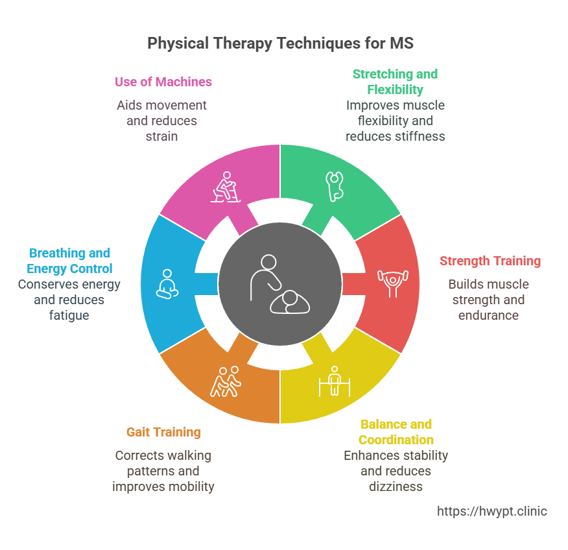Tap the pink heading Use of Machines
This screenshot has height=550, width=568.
point(163,82)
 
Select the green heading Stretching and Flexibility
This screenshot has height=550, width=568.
point(395,82)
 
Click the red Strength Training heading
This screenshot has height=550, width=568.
point(490,261)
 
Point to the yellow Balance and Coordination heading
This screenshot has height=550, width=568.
point(396,432)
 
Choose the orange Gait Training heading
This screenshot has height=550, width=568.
point(163,432)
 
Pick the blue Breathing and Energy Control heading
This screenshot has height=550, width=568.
point(69,261)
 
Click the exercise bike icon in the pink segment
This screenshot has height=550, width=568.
point(227,187)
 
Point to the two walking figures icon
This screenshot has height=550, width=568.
point(226,381)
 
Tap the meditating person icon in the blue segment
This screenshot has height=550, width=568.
point(167,283)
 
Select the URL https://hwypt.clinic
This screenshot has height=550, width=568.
point(491,511)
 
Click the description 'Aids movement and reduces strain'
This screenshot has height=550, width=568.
point(161,121)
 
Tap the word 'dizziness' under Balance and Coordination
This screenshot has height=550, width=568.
point(396,486)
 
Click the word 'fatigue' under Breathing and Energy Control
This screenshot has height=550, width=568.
point(69,315)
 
